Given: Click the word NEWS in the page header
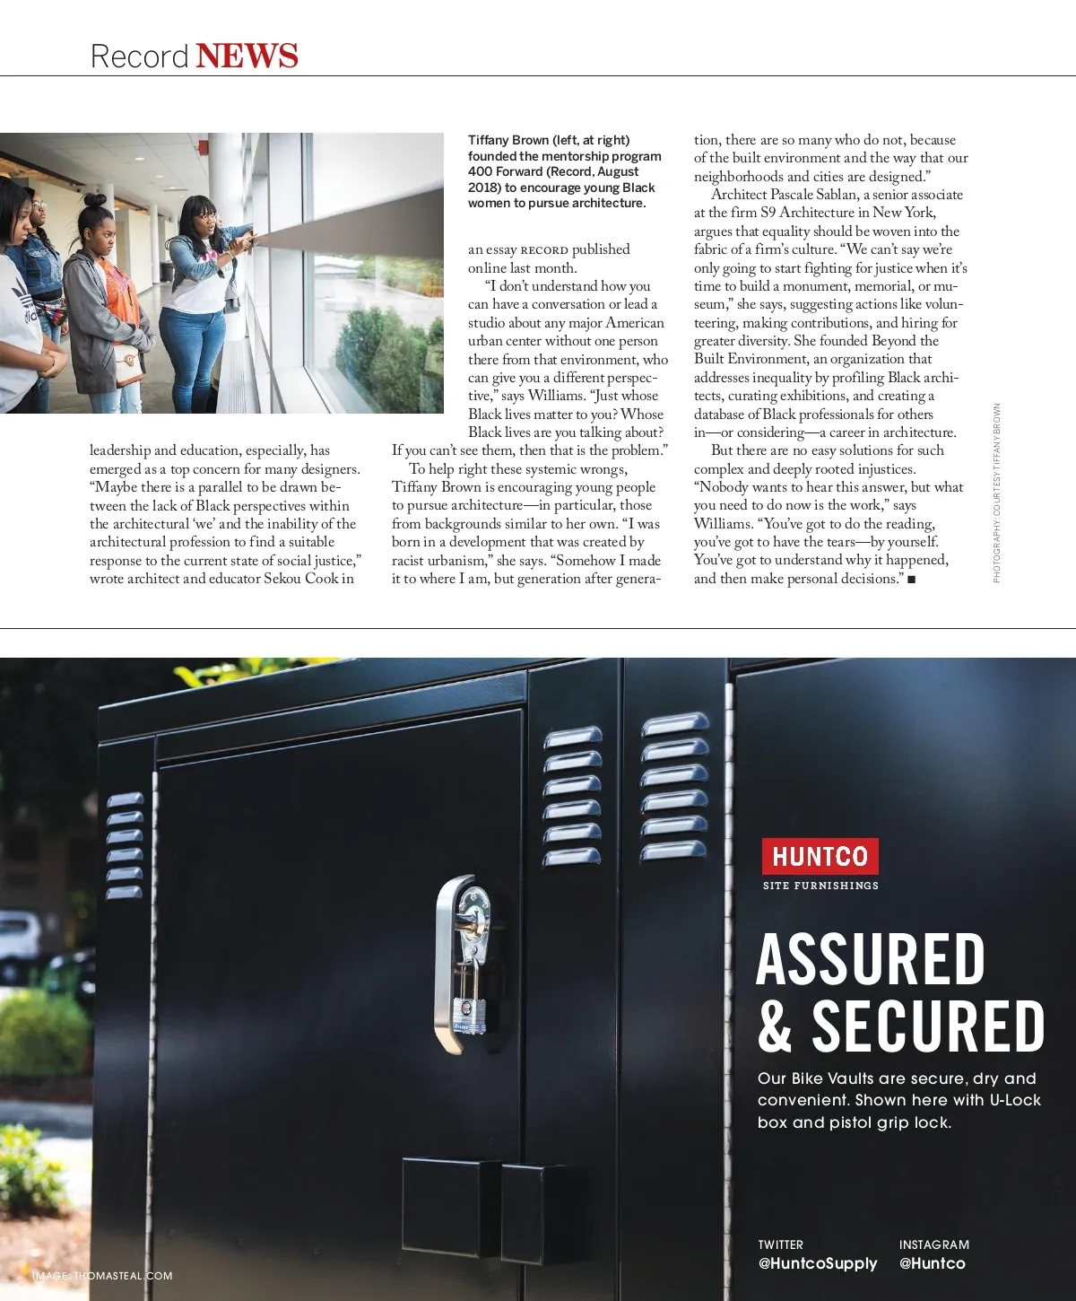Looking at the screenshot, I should tap(247, 56).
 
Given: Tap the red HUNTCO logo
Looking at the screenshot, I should tap(820, 856).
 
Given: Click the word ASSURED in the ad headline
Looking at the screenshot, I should tap(871, 959).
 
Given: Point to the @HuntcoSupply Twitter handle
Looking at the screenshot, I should tap(818, 1263).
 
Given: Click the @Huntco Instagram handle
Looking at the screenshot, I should tap(933, 1263).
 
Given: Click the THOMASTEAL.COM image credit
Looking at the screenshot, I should tap(123, 1276).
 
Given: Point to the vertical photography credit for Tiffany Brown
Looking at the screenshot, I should tap(996, 493).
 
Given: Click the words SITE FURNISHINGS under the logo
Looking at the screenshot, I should tap(820, 886).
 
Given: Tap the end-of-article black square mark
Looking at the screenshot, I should tap(911, 580).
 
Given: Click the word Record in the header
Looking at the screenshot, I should tap(139, 57).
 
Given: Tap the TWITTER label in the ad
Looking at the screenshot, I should tap(780, 1244).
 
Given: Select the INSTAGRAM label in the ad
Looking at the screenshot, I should tap(933, 1244).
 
